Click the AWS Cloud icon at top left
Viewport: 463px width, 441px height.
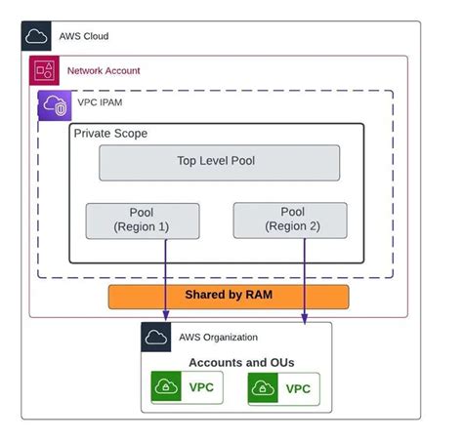coord(37,36)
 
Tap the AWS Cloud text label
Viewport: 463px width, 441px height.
coord(85,36)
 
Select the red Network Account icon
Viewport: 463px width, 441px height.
coord(45,71)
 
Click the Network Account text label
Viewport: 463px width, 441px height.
coord(104,71)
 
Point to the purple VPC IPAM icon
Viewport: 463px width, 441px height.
coord(54,105)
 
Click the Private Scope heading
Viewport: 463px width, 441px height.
coord(111,133)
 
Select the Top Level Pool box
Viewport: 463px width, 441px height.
coord(219,162)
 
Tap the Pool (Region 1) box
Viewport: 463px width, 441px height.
coord(143,220)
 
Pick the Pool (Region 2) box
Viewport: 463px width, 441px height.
coord(291,220)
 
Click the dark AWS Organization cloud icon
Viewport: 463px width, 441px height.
coord(156,337)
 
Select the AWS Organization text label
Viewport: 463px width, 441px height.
coord(218,337)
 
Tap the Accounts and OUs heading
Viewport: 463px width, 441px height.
coord(241,362)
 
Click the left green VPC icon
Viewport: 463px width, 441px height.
coord(167,388)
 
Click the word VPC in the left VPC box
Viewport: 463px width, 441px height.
coord(202,387)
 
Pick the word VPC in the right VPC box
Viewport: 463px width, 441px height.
coord(298,389)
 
